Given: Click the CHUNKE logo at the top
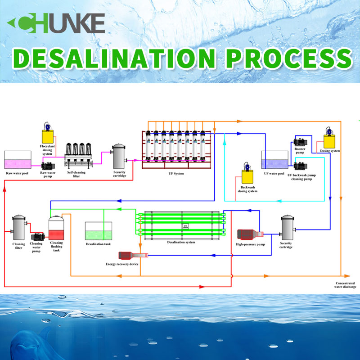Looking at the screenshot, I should click(x=57, y=23).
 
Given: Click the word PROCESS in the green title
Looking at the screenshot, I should click(x=288, y=59).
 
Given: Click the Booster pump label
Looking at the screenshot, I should click(x=300, y=150).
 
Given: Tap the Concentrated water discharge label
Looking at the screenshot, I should click(x=345, y=284).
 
